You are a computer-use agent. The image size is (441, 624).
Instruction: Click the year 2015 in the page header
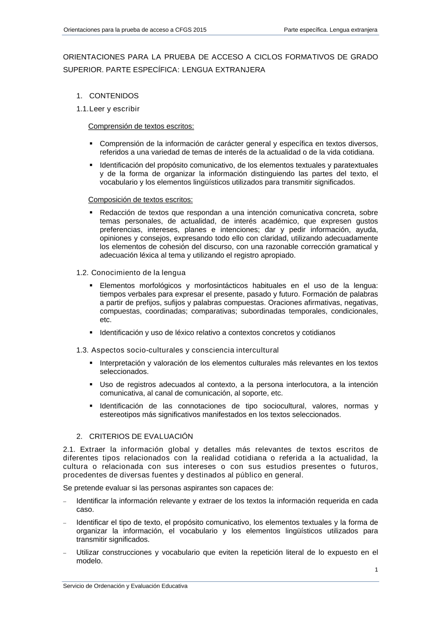coord(199,30)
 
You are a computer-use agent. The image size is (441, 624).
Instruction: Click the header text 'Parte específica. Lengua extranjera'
coord(330,30)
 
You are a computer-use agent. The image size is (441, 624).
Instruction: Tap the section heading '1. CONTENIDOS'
coord(108,96)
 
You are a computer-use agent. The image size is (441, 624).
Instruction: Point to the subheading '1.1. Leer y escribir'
coord(108,108)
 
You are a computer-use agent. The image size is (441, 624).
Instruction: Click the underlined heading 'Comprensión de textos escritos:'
coord(141,126)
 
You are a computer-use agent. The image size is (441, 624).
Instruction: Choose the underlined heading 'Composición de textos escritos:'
coord(140,200)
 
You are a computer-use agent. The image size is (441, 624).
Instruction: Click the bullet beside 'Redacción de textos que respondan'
coord(91,213)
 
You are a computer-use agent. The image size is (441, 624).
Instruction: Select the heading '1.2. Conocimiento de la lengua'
coord(131,273)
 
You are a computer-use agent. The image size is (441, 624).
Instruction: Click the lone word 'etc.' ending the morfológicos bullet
coord(105,320)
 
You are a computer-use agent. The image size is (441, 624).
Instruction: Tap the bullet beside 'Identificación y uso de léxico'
coord(91,333)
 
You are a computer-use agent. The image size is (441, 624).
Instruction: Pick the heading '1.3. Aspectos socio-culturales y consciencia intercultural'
coord(177,350)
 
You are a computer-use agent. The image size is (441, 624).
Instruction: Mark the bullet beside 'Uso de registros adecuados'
coord(91,385)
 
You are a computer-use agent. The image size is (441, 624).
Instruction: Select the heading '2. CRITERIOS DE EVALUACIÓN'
coord(135,436)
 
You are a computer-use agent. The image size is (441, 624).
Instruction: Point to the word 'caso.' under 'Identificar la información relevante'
coord(85,509)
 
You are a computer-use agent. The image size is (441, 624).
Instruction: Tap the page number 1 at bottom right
coord(376,570)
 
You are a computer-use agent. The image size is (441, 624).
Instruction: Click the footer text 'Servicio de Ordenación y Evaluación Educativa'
coord(125,586)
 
